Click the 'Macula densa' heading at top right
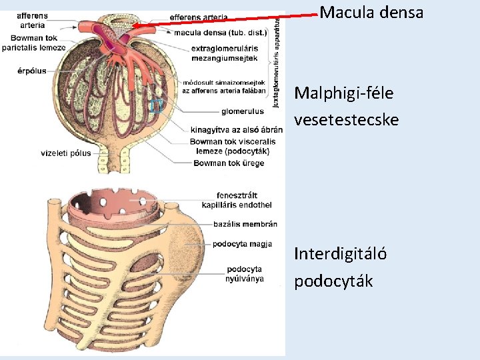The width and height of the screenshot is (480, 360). (371, 12)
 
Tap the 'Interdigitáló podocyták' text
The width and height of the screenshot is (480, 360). (341, 267)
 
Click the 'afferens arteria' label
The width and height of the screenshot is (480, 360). (31, 20)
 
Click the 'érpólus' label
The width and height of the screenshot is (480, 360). (33, 71)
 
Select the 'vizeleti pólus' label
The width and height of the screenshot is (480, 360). (65, 153)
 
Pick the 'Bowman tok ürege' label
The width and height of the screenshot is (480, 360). (229, 163)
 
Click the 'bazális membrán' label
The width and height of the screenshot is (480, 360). (245, 224)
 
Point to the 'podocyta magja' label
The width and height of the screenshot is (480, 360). (242, 244)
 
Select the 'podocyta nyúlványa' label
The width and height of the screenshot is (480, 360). (245, 273)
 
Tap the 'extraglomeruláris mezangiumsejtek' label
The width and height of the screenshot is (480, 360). (224, 53)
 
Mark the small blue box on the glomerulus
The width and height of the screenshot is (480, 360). (156, 105)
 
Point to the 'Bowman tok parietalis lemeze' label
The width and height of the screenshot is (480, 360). (33, 43)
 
